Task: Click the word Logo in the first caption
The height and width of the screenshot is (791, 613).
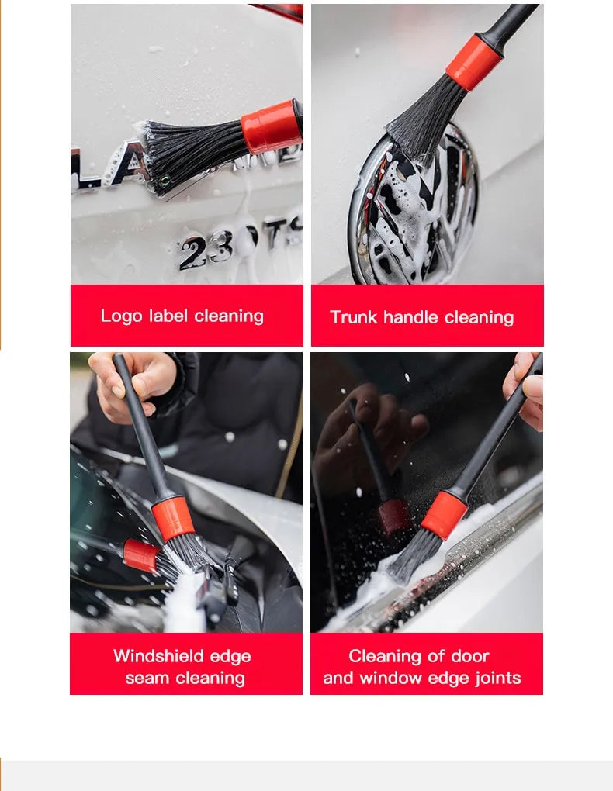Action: [121, 316]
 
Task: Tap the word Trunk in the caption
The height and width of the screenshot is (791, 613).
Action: [354, 317]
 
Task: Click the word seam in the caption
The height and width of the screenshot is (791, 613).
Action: [147, 678]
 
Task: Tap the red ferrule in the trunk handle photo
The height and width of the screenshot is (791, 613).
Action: [473, 62]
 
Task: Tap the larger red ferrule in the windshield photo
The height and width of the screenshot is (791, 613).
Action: [172, 519]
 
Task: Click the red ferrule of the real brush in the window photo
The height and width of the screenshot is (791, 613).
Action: [444, 515]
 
